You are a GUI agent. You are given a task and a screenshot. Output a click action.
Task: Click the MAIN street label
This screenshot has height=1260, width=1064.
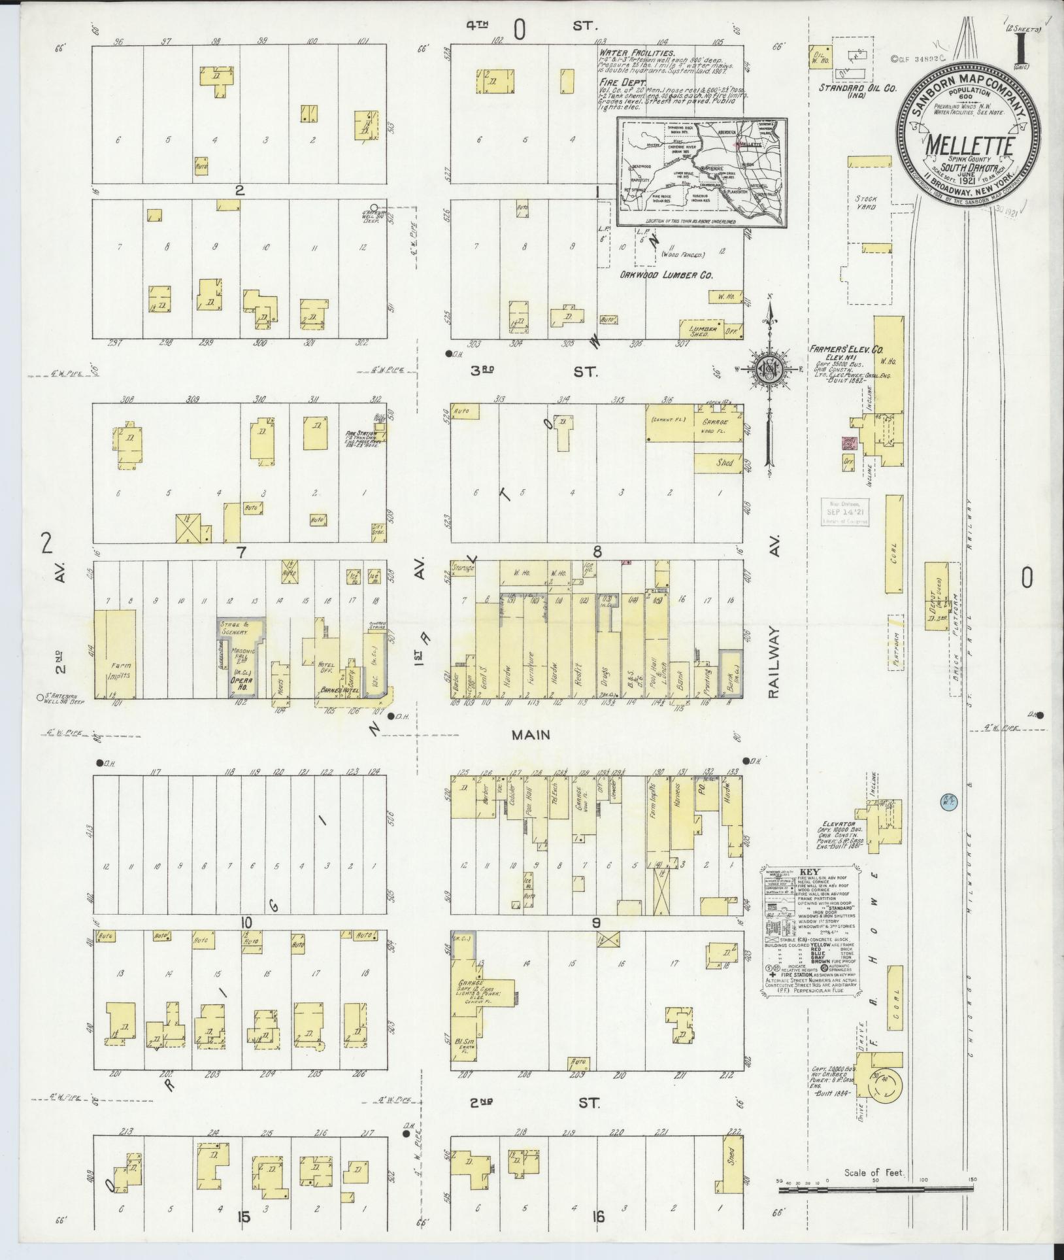click(530, 735)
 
